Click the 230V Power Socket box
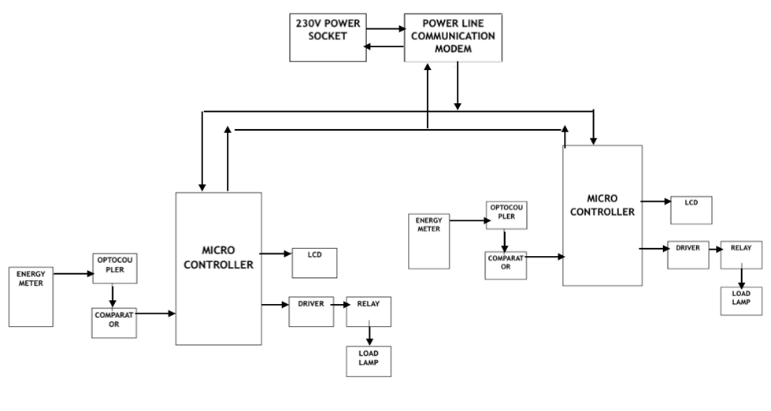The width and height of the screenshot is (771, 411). pyautogui.click(x=328, y=37)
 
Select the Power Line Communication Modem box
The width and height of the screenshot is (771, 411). pyautogui.click(x=453, y=37)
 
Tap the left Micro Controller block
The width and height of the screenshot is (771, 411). pyautogui.click(x=218, y=268)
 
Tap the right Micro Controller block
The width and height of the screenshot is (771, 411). pyautogui.click(x=602, y=215)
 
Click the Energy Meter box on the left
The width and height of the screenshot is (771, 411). pyautogui.click(x=31, y=296)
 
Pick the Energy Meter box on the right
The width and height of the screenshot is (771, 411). pyautogui.click(x=429, y=240)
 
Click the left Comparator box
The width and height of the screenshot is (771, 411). pyautogui.click(x=114, y=322)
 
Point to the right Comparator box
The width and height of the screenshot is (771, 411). pyautogui.click(x=506, y=265)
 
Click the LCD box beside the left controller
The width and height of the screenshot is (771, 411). pyautogui.click(x=314, y=263)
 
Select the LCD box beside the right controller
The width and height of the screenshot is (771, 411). pyautogui.click(x=691, y=210)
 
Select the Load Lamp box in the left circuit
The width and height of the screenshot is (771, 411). pyautogui.click(x=369, y=361)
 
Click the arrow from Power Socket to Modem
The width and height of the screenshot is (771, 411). pyautogui.click(x=385, y=30)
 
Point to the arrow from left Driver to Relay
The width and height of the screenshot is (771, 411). pyautogui.click(x=339, y=304)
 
